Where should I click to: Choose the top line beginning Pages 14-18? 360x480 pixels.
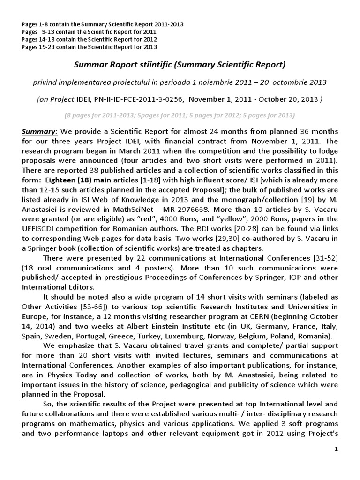point(89,39)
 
